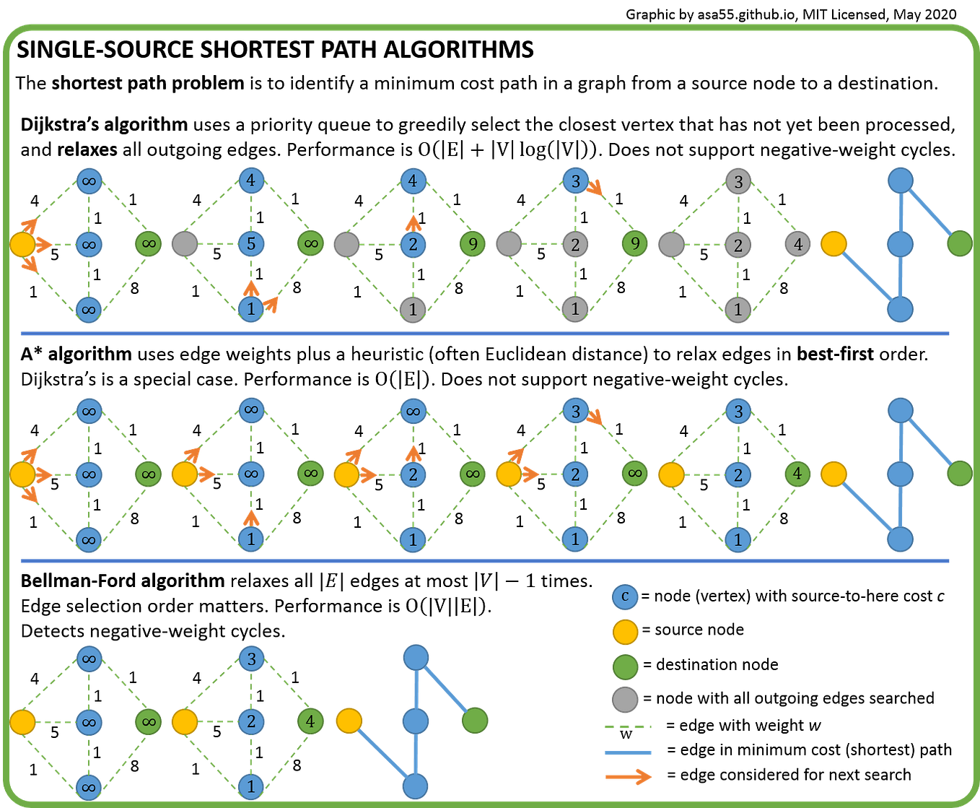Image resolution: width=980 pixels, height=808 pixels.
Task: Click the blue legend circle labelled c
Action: click(x=625, y=597)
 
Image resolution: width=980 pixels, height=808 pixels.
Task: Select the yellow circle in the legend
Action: click(x=625, y=632)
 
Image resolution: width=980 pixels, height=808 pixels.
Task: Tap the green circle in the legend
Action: click(x=625, y=666)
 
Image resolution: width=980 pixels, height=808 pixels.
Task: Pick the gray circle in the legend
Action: click(x=625, y=700)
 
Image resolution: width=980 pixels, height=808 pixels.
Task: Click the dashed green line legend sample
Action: click(x=627, y=727)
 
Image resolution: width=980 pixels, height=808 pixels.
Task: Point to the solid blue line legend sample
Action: click(x=627, y=752)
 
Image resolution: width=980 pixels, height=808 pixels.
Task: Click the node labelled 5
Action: click(x=251, y=244)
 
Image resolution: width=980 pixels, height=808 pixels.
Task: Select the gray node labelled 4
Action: click(x=797, y=245)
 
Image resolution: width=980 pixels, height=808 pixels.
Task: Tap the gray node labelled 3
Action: click(x=738, y=181)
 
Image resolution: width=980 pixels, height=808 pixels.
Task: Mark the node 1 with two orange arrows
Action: click(x=251, y=309)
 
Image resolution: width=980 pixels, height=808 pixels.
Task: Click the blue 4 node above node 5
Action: click(x=251, y=180)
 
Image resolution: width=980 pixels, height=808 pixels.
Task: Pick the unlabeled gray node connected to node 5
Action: click(x=184, y=244)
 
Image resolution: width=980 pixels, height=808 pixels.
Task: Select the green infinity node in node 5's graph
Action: click(x=310, y=244)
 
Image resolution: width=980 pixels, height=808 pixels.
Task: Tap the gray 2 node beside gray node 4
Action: click(x=738, y=245)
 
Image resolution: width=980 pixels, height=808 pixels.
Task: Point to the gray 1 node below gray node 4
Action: click(x=738, y=309)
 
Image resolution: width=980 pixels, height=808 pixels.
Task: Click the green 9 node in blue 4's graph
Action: click(x=473, y=244)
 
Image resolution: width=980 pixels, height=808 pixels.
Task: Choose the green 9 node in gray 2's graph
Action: click(x=634, y=244)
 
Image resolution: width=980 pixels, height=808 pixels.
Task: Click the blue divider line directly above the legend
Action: click(x=484, y=560)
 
